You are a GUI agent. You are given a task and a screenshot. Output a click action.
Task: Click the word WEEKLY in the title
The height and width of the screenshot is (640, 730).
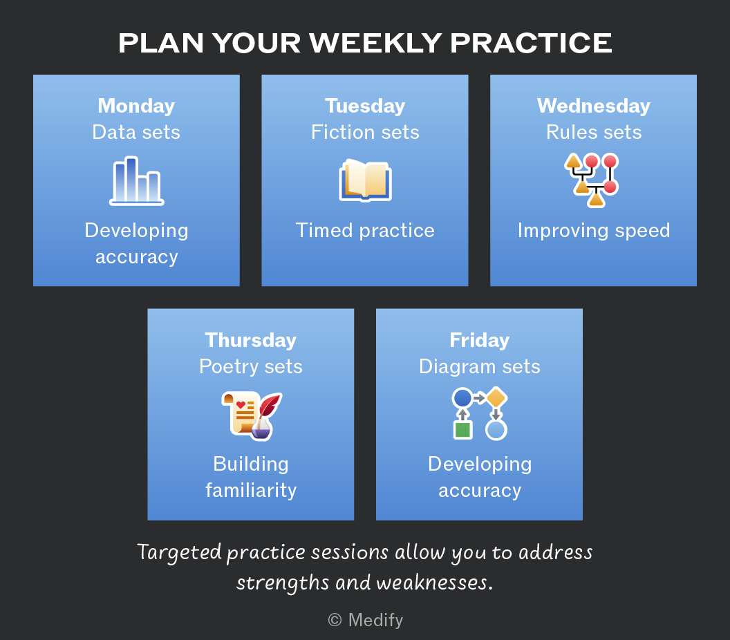click(375, 43)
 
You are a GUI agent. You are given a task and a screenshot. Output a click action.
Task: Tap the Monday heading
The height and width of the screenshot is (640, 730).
click(136, 106)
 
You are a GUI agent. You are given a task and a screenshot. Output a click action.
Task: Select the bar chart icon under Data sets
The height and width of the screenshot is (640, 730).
click(136, 181)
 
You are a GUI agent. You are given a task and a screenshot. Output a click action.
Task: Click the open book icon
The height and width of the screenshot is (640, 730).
click(366, 180)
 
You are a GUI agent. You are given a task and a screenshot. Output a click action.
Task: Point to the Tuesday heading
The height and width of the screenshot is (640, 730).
click(365, 106)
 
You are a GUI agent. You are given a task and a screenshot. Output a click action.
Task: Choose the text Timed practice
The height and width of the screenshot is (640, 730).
click(365, 230)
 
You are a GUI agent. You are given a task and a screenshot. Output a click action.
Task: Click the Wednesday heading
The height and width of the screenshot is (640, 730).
click(594, 106)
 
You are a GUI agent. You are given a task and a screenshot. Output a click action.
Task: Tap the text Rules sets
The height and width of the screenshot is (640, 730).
click(594, 132)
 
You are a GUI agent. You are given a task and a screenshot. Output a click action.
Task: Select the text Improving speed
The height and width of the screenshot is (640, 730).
click(594, 231)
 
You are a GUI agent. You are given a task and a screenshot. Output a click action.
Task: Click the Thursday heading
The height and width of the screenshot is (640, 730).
click(250, 340)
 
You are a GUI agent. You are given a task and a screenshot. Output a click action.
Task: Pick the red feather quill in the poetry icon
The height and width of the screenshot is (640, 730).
click(270, 405)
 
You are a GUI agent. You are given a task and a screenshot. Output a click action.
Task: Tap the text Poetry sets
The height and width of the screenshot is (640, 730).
click(250, 367)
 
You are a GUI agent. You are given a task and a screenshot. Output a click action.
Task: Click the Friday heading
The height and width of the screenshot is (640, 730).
click(480, 340)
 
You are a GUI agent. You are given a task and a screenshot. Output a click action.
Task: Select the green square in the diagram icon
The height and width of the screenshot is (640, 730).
click(462, 430)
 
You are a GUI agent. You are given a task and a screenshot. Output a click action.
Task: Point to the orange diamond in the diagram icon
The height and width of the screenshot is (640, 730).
click(496, 397)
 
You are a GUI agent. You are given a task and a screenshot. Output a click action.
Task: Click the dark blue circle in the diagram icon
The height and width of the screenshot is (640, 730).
click(462, 398)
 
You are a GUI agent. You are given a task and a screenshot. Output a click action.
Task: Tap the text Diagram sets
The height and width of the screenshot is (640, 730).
click(480, 367)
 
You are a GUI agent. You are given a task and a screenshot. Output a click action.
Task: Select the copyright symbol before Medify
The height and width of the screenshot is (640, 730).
click(335, 620)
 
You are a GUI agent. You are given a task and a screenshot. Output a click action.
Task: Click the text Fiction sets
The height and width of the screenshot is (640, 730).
click(365, 132)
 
